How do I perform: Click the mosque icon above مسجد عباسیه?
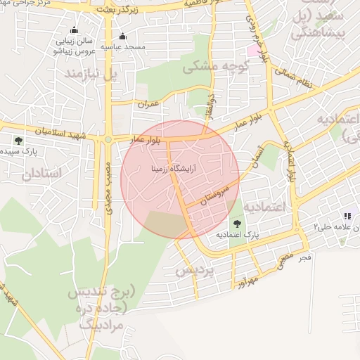pyautogui.click(x=124, y=37)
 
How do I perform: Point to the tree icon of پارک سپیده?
pyautogui.click(x=18, y=141)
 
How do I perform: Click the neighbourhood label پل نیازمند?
pyautogui.click(x=88, y=72)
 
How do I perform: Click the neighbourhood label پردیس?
pyautogui.click(x=193, y=271)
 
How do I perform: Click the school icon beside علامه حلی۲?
pyautogui.click(x=346, y=216)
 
